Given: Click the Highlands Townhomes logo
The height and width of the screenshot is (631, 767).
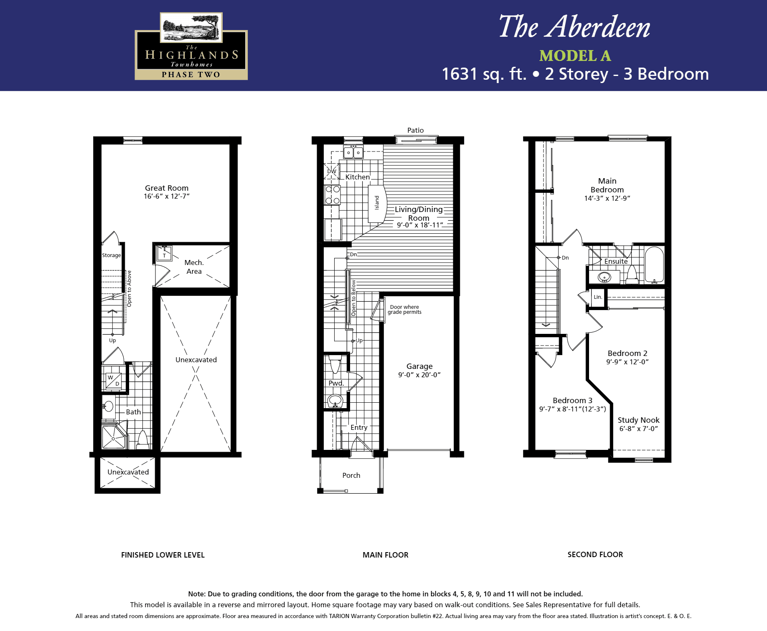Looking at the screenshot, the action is [191, 46].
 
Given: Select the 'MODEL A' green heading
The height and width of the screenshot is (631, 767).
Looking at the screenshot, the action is [575, 56].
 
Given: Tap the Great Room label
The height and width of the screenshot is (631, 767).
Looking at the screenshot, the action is [167, 188].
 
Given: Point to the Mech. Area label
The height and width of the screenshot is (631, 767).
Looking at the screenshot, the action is [194, 267].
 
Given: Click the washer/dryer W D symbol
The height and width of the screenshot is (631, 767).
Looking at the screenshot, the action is [114, 381].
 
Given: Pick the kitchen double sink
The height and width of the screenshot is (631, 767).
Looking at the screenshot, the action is [353, 152].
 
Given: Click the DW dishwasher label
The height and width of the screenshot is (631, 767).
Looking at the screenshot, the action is [332, 172].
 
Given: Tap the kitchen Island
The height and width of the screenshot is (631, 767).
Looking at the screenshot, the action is [376, 203].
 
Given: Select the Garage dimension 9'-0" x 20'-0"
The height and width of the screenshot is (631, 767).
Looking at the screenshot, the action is [419, 375].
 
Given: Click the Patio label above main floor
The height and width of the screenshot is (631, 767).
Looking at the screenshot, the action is [416, 130].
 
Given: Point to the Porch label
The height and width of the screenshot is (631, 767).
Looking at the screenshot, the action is [351, 475].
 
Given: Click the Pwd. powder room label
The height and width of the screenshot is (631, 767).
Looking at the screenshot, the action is [336, 383].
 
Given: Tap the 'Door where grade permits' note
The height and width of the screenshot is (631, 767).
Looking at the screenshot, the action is [404, 309].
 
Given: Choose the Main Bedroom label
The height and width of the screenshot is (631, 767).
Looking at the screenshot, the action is [607, 185].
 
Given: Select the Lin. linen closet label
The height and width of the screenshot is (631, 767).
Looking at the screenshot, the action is [598, 297].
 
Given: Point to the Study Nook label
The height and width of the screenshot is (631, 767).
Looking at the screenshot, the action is [638, 420].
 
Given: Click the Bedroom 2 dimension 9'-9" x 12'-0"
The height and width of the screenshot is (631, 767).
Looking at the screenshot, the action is [627, 362].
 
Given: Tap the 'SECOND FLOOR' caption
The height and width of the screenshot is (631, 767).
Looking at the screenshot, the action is [595, 555].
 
